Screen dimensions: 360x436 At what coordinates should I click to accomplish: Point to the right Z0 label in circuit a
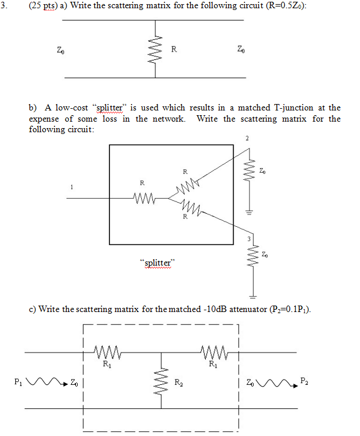240,49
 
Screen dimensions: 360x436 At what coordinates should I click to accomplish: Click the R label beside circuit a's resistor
174,49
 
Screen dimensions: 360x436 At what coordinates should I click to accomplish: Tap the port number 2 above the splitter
248,139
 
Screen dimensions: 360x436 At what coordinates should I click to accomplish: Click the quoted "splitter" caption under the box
156,263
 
